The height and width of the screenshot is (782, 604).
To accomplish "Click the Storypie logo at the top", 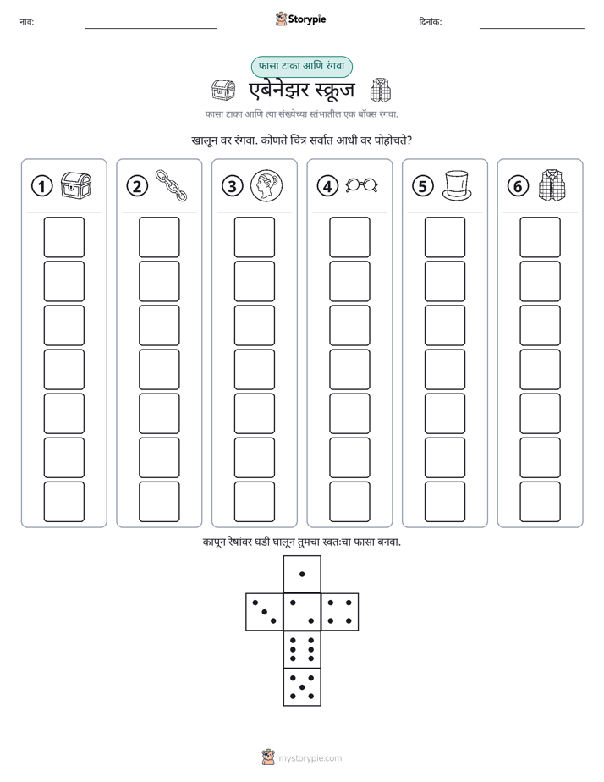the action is pos(300,19).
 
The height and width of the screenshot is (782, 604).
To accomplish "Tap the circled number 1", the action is pos(41,186).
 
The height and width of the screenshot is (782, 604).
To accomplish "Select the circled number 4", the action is pos(327,186).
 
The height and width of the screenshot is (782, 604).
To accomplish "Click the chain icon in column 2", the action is pos(171,185).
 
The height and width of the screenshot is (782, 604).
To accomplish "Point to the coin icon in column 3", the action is pos(266,185).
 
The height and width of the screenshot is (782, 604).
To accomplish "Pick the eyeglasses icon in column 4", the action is pos(362,185).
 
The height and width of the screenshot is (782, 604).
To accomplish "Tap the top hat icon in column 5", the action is pos(457,186).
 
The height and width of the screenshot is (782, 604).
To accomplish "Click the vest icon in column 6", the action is pos(552,185).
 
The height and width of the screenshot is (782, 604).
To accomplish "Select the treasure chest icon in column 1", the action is pos(76,186).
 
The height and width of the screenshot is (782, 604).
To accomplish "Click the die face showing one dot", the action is pos(302,574).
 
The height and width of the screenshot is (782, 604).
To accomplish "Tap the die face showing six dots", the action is pos(302,649).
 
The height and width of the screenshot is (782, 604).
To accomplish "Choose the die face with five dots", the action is pos(302,687).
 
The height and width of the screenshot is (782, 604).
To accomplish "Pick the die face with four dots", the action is pos(340,612).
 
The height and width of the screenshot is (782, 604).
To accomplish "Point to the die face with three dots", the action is pos(264,612).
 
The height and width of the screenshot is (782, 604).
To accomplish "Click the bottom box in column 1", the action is pos(63,502).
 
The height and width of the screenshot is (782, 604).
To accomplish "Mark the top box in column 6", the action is pos(541,237).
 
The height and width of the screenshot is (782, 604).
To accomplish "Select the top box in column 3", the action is pos(254,237).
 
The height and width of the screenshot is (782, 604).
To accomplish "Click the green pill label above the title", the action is pos(301,66).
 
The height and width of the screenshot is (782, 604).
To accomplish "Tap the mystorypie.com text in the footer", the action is pos(310,758).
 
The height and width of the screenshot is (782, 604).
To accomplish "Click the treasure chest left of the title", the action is pos(222,91).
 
